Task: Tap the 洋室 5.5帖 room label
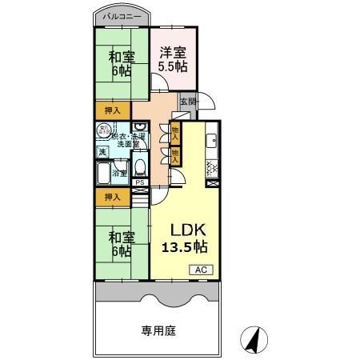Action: click(x=173, y=60)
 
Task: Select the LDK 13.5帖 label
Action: click(x=186, y=237)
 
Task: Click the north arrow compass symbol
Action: click(x=253, y=339)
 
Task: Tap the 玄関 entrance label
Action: click(x=187, y=101)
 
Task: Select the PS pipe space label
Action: click(x=139, y=182)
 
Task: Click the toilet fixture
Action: click(x=140, y=166)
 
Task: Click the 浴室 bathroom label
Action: click(x=120, y=172)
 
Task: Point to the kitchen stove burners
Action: click(x=212, y=167)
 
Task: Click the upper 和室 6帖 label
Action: click(x=122, y=62)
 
